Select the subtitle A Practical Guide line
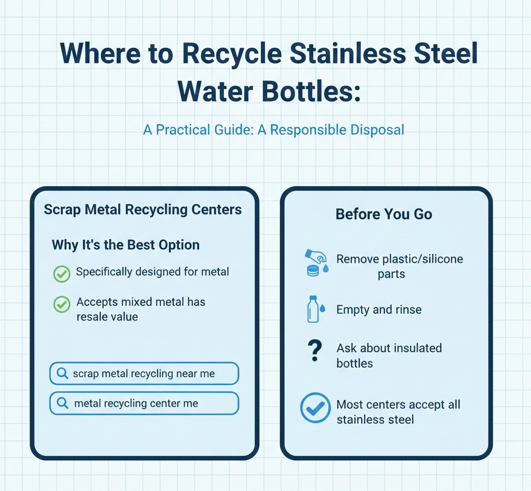point(273,129)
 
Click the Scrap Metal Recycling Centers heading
point(143,209)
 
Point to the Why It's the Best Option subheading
point(125,245)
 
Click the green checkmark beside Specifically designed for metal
point(62,273)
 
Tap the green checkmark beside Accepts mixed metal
point(62,304)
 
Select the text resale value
point(107,316)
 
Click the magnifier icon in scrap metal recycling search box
point(62,373)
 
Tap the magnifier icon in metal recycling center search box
point(62,403)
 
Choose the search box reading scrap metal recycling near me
point(144,373)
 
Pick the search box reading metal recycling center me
point(144,403)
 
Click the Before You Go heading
point(384,214)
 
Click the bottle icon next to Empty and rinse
point(313,310)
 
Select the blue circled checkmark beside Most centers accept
point(315,408)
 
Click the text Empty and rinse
point(379,310)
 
